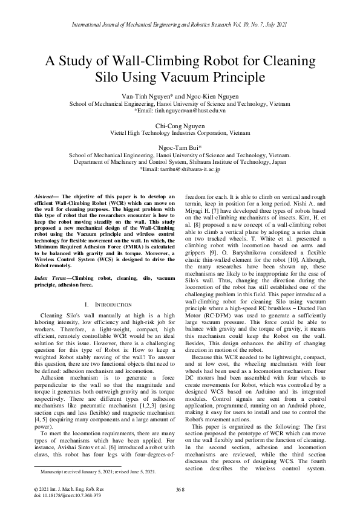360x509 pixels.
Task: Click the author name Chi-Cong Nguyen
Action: click(x=180, y=125)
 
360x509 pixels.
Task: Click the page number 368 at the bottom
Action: click(x=180, y=488)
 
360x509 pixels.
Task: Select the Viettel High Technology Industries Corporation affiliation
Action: click(x=180, y=132)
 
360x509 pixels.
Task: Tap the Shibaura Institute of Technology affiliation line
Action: click(x=180, y=163)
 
